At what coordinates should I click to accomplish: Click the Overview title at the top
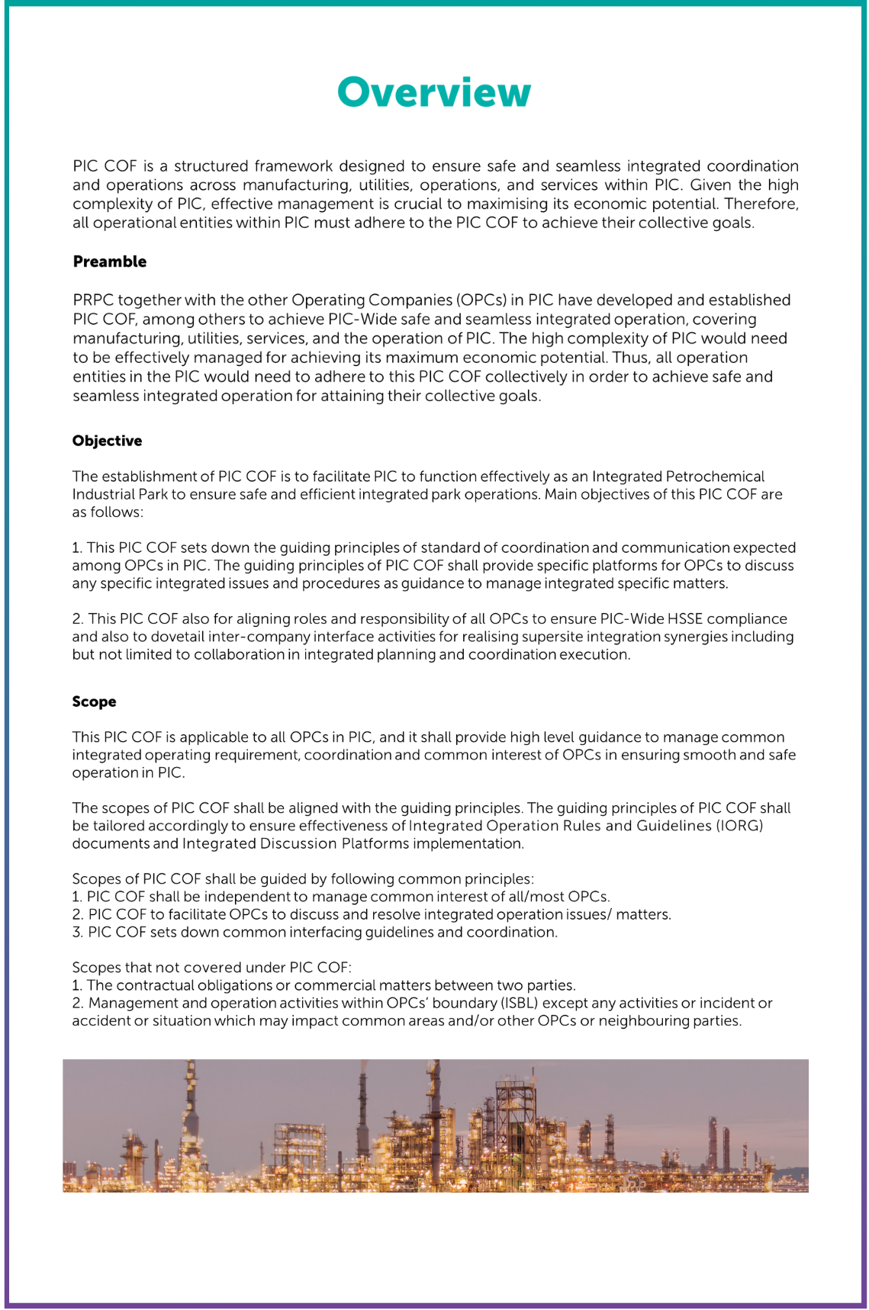tap(433, 92)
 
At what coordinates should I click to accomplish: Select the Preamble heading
tap(110, 262)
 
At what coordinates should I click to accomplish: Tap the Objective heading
tap(107, 441)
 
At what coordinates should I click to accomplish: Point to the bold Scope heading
tap(94, 702)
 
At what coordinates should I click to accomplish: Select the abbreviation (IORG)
tap(739, 826)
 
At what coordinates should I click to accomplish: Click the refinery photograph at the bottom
tap(435, 1125)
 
